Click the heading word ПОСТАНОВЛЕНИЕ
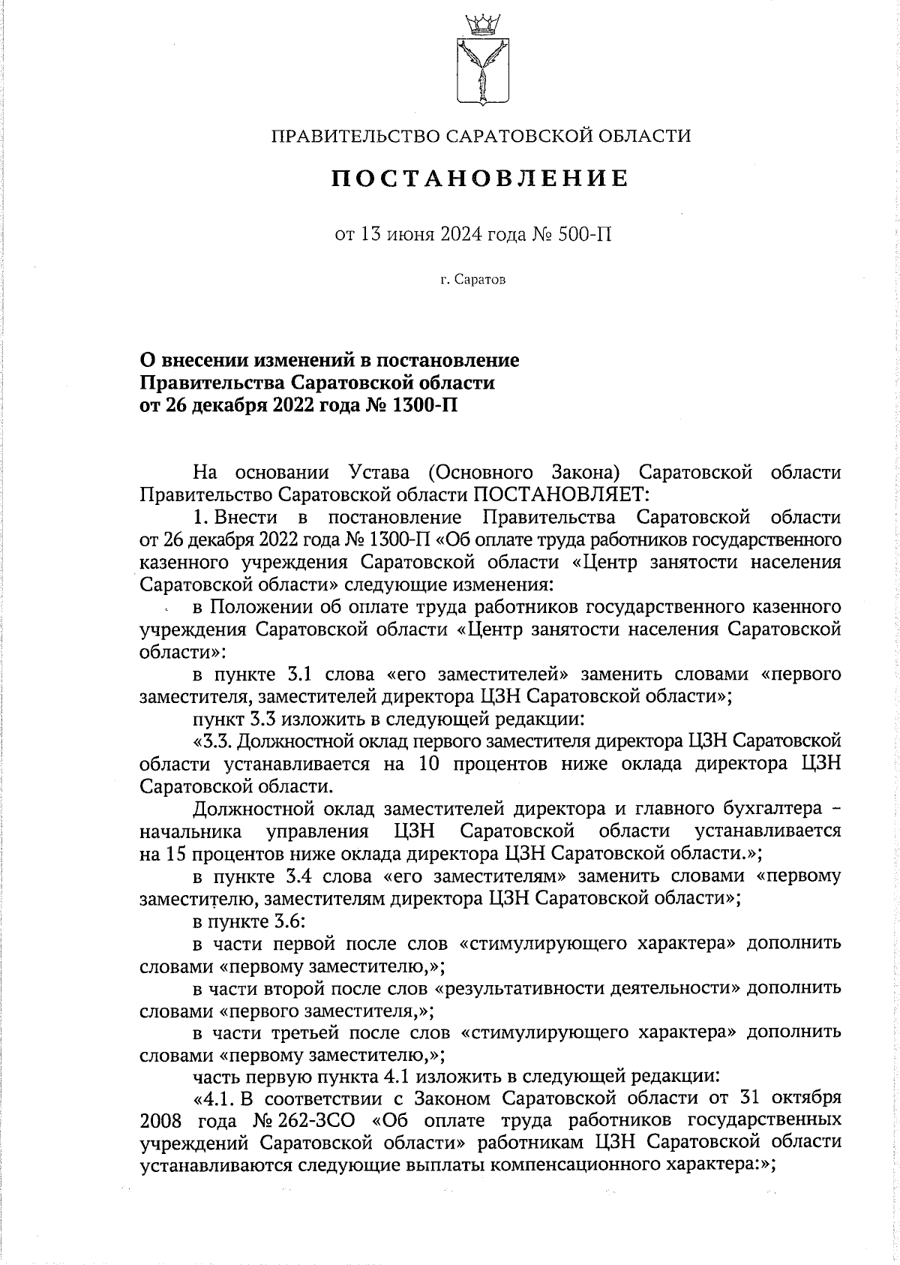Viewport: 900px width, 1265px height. point(481,179)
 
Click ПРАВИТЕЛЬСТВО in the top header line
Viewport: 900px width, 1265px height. point(355,136)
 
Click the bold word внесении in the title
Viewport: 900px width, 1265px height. point(202,361)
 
